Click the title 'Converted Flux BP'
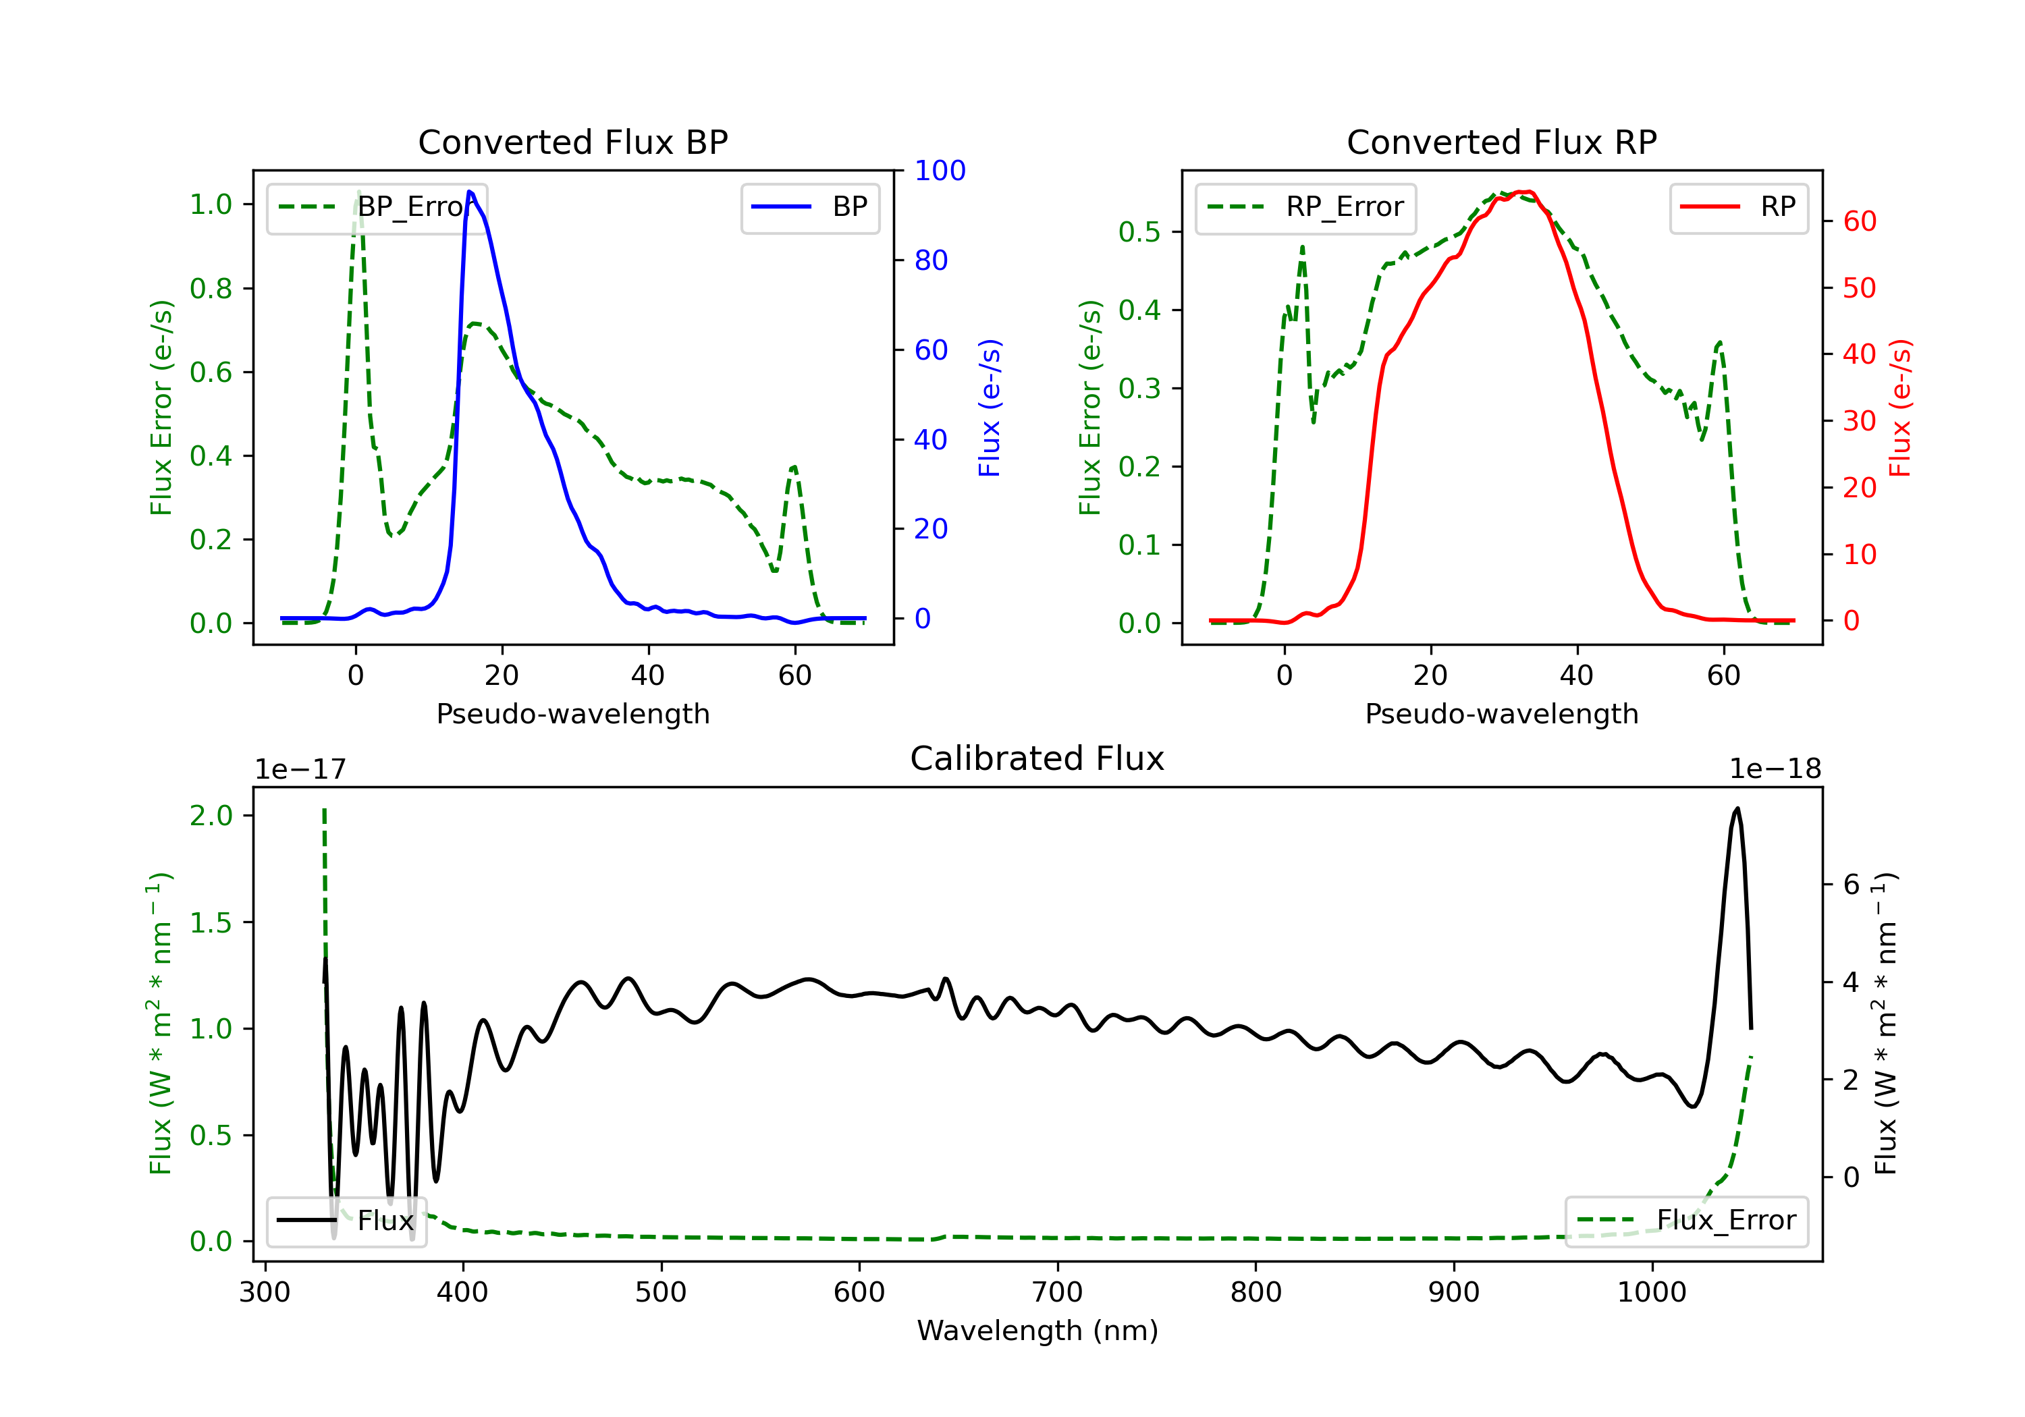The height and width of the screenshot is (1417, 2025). (x=572, y=142)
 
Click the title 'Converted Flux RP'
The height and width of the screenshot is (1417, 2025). (x=1501, y=142)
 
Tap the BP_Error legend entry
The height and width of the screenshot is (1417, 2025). (x=377, y=208)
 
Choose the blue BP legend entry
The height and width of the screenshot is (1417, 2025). (x=809, y=208)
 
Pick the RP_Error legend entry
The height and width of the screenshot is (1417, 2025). (x=1305, y=208)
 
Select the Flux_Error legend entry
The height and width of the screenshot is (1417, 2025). (x=1685, y=1221)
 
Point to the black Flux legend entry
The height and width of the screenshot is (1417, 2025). (x=347, y=1221)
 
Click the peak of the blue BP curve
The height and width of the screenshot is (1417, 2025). (x=470, y=192)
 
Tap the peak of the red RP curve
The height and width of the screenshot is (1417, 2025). (x=1524, y=192)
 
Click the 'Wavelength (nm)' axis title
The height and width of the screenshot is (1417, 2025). (x=1037, y=1331)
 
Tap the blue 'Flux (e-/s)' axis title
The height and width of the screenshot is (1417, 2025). (x=990, y=408)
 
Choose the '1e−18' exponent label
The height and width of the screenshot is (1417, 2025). (x=1775, y=769)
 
